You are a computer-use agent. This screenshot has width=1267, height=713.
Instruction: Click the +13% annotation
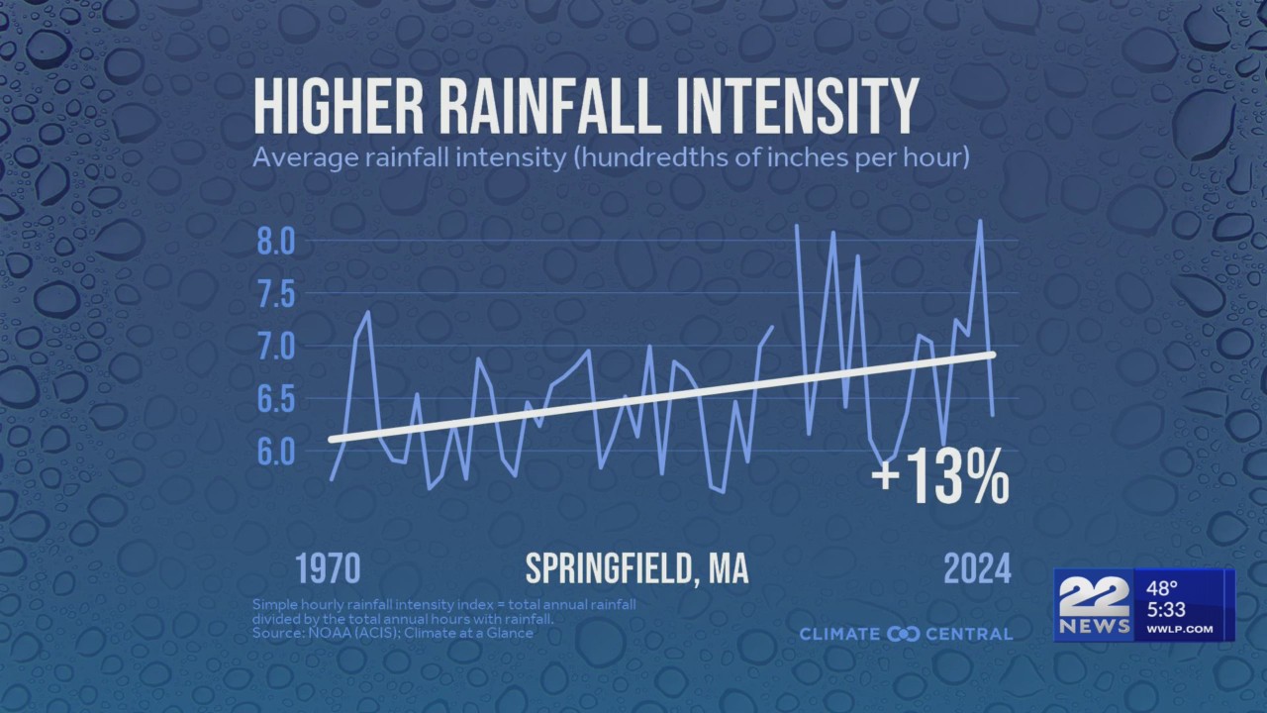(x=939, y=481)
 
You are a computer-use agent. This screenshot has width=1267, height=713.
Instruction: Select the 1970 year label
(x=328, y=570)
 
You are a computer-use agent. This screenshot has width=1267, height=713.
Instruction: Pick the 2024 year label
(x=977, y=570)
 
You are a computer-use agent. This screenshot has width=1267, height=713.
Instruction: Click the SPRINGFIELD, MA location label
(x=636, y=570)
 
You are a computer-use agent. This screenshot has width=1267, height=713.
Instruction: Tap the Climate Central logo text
(x=905, y=634)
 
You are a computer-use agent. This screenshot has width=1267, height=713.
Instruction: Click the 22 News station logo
(x=1095, y=605)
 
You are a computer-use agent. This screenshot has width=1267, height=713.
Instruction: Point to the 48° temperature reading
(x=1163, y=587)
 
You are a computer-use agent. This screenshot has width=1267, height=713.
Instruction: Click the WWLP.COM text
(x=1180, y=629)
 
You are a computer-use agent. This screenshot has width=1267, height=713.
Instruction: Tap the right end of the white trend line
(x=991, y=354)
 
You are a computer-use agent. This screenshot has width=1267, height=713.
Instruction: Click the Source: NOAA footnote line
(x=392, y=633)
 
